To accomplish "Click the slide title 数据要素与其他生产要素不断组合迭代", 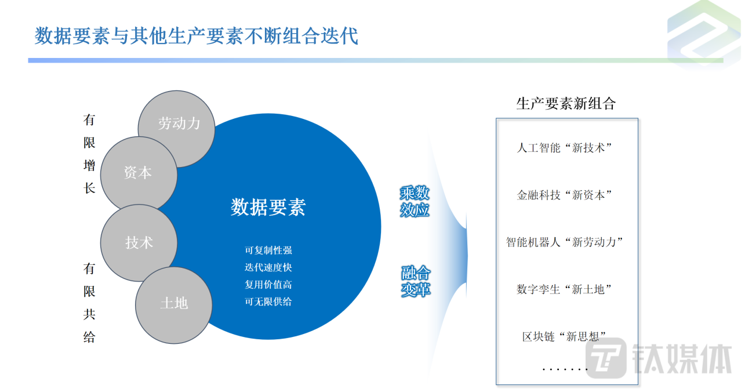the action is coord(196,36).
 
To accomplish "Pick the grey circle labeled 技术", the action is coord(139,243).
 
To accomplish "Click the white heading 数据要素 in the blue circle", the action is coord(268,207).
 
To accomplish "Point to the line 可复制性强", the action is coord(268,251).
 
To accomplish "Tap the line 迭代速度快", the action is coord(268,267).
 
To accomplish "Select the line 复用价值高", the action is coord(268,285).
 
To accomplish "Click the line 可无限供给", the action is coord(268,302).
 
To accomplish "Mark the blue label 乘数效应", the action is coord(415,201).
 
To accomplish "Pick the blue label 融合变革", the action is coord(416,281).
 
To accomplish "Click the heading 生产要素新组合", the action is coord(566,103).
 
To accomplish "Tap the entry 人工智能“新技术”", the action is coord(564,148).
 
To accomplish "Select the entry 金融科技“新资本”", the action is coord(564,195).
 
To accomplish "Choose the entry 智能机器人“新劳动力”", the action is coord(564,242).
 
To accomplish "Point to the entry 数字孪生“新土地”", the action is coord(564,289).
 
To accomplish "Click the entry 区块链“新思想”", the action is coord(564,336).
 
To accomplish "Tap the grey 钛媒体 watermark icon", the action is coord(606,358).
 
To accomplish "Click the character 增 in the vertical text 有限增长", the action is coord(89,165).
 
